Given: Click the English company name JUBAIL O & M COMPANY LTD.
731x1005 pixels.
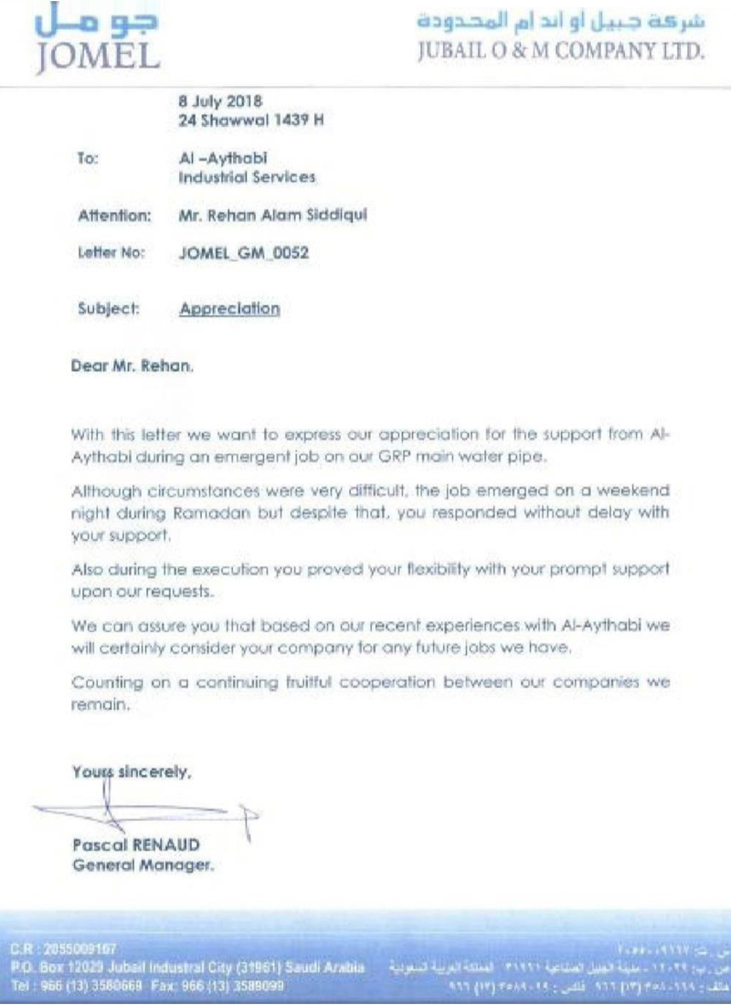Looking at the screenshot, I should [x=561, y=53].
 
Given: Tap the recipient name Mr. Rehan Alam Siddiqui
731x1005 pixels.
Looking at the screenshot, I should [x=273, y=216].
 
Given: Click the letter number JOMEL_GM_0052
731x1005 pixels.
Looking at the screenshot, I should [x=242, y=255].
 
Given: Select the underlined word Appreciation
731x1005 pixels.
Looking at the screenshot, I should [x=229, y=308].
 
